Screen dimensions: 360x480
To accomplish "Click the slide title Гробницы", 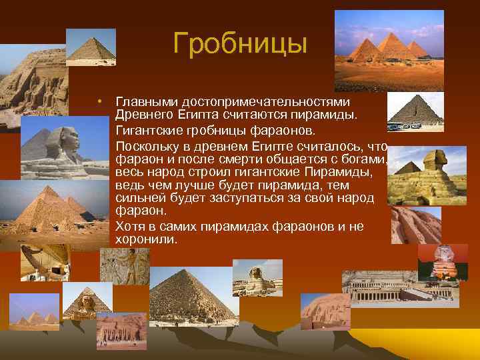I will coord(240,44).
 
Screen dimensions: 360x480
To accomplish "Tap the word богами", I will coord(367,160).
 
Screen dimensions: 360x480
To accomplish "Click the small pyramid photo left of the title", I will coord(91,47).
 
